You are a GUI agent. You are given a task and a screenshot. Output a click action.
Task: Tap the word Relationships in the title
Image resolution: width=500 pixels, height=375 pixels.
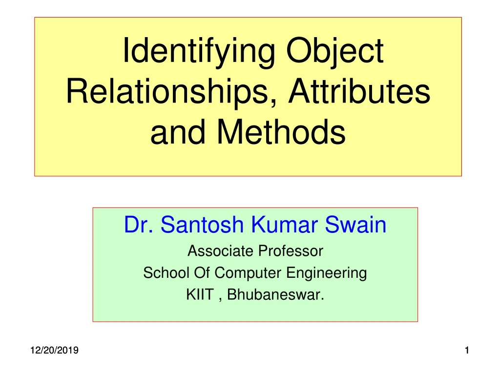point(168,92)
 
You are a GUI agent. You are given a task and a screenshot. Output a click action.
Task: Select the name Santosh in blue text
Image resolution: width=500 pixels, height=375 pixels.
point(204,225)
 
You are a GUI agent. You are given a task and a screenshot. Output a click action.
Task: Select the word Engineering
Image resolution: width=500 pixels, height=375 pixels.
point(326,273)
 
